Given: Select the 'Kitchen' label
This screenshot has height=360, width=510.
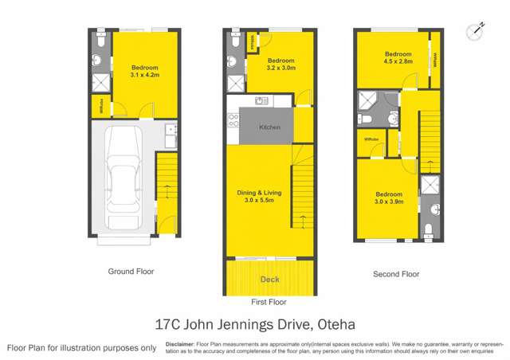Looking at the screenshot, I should point(269,127).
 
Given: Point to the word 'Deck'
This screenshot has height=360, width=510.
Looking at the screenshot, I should point(269,280).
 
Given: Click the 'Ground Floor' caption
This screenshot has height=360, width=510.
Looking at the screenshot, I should point(131,272).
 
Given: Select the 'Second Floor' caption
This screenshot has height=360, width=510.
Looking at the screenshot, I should point(396,274).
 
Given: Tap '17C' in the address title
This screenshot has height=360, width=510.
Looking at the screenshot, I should point(169,325).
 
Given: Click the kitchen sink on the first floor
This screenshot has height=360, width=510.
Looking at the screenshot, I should point(261,101).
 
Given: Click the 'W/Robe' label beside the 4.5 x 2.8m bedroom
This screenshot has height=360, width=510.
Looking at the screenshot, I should point(435,59).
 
